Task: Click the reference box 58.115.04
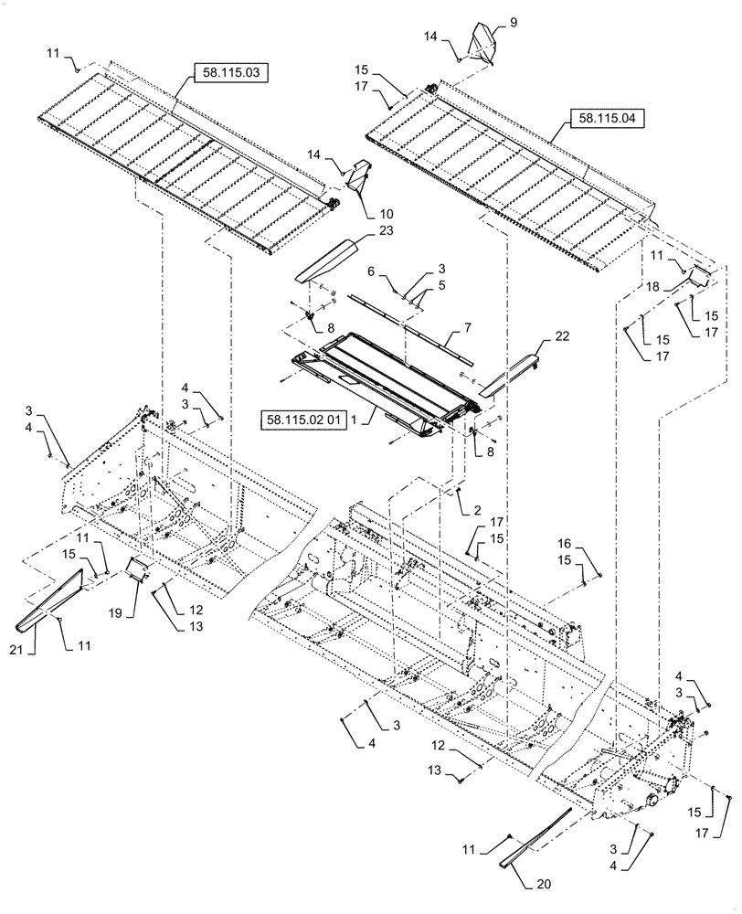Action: coord(606,118)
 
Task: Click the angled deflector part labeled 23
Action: coord(324,261)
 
